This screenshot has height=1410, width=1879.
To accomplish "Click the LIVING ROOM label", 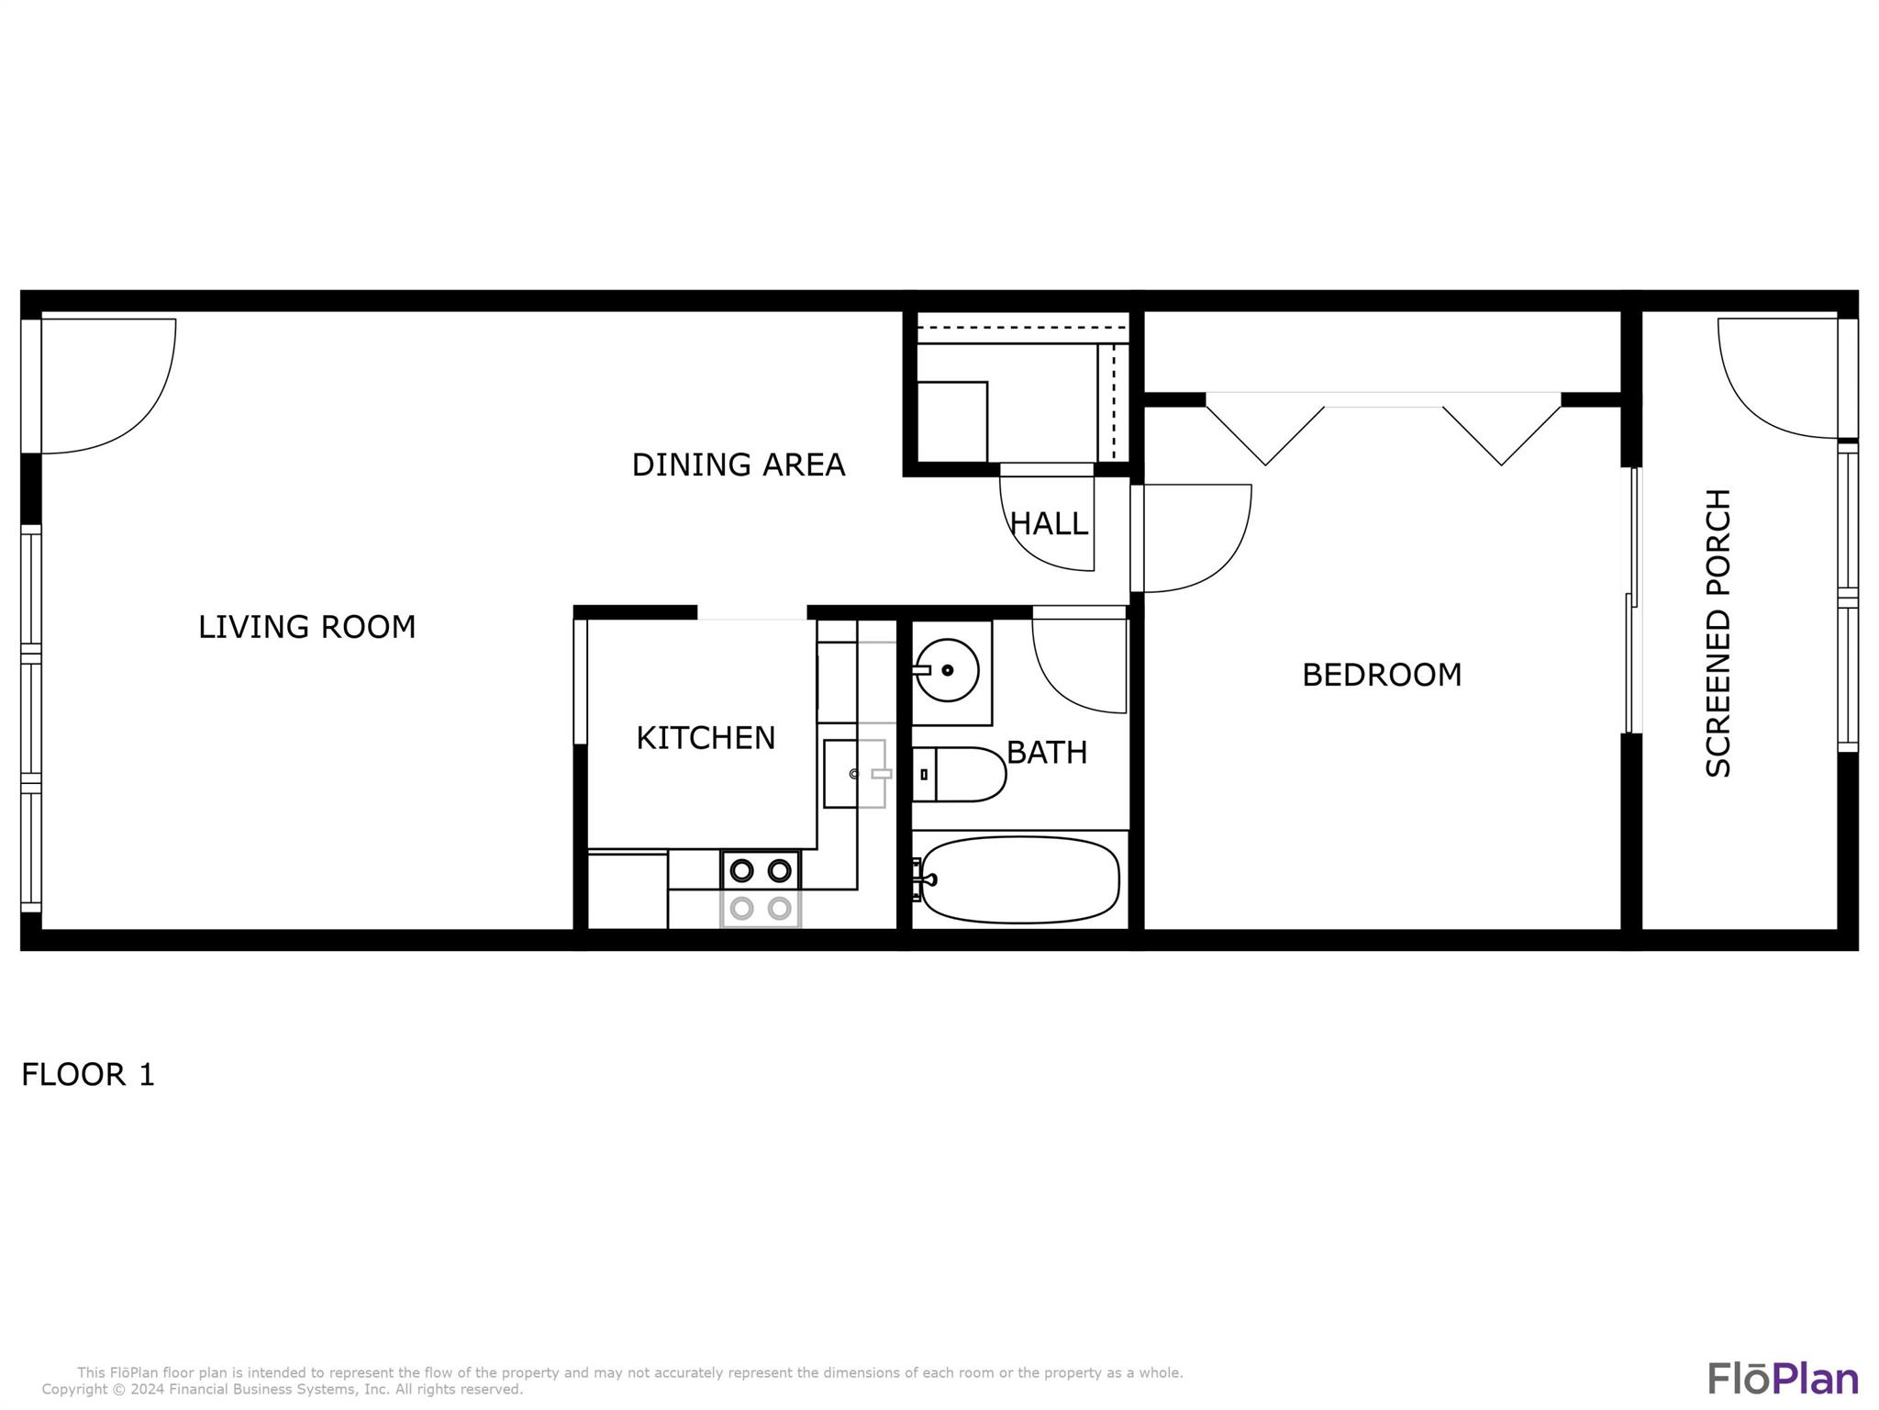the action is coord(307,627).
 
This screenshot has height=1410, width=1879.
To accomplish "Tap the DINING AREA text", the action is coord(739,464).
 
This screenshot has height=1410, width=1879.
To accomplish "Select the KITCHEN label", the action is coord(706,738).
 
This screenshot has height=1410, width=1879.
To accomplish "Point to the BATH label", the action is coord(1047,753).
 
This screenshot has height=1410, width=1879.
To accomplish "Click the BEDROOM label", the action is coord(1382,675).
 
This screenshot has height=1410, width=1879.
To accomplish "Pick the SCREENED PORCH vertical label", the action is coord(1718,633).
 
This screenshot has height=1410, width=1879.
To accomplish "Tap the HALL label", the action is coord(1049,524).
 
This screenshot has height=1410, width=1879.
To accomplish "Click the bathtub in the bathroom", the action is coord(1019,879).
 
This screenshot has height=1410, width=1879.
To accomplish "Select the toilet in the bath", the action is coord(959,775).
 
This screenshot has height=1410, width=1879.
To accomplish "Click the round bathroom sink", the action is coord(948,670).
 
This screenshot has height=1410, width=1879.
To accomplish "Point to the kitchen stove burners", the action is coord(761,889).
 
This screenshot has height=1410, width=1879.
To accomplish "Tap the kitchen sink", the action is coord(854,774).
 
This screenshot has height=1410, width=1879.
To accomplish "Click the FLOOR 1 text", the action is coord(88,1074).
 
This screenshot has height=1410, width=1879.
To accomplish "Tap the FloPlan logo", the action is coord(1783,1378).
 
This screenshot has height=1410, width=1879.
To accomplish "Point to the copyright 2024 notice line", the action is coord(283,1389).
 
